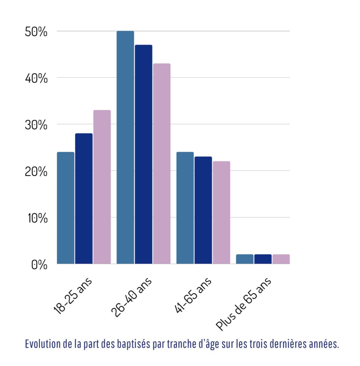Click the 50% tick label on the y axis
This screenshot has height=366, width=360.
point(36,32)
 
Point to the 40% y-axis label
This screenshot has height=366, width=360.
point(36,78)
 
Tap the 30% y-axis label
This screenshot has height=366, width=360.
point(36,125)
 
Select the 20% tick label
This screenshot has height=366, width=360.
point(36,172)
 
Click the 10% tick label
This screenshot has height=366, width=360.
point(37,218)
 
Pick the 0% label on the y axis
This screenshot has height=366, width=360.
point(39,265)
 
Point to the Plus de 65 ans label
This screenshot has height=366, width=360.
point(243,304)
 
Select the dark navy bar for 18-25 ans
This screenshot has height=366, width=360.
point(84,198)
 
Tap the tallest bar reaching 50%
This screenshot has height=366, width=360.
point(125,147)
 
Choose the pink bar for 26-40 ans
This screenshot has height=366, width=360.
point(162,164)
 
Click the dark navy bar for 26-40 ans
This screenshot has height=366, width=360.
point(144,154)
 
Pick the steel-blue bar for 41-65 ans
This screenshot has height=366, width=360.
point(185,208)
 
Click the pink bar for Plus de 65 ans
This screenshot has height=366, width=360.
point(281,259)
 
